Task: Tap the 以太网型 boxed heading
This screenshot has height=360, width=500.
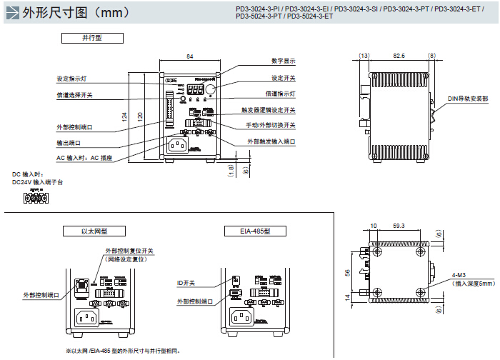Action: point(95,231)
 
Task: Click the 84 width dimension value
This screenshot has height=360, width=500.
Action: point(189,55)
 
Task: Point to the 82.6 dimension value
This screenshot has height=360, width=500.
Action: point(399,55)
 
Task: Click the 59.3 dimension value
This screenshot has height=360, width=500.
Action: point(399,226)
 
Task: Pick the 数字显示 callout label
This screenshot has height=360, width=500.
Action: point(283,61)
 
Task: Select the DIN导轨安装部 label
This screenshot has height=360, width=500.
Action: point(468,98)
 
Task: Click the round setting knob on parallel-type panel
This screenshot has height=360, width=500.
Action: point(212,88)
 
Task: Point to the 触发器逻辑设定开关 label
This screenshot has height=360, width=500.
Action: point(269,110)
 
